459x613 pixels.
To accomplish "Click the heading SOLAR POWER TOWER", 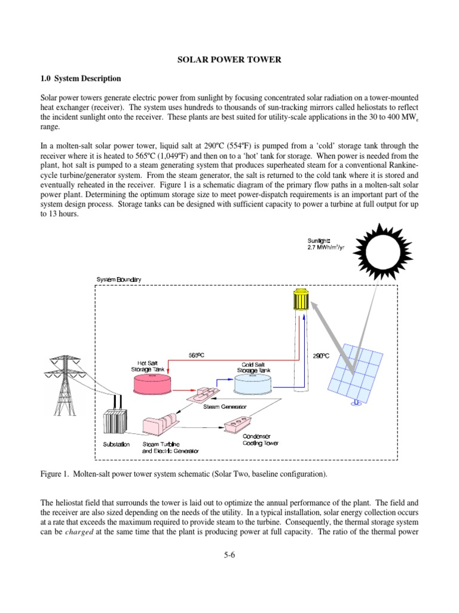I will click(x=229, y=60).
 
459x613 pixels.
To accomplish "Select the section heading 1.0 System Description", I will click(x=80, y=78).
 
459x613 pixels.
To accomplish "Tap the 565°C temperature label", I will click(x=196, y=355).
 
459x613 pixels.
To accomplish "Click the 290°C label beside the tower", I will click(x=322, y=356).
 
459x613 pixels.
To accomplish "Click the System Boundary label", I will click(x=119, y=280).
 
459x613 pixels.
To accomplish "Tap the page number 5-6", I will click(x=229, y=555).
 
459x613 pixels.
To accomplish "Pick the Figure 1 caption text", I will click(x=183, y=474).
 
